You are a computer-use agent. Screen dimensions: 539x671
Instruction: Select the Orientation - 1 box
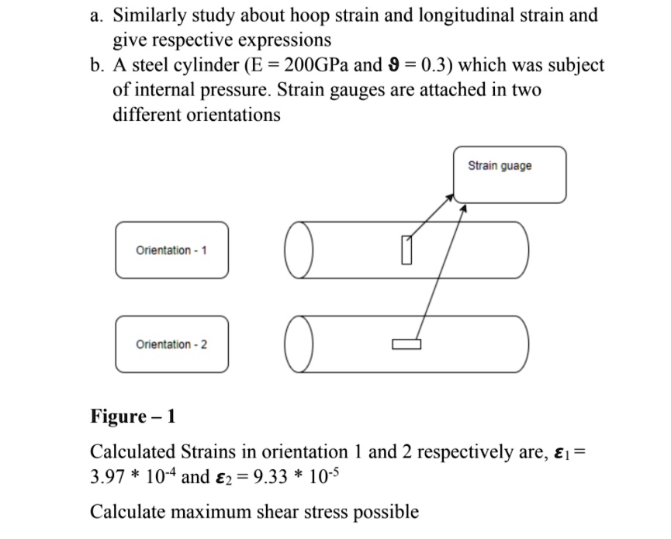[x=171, y=250]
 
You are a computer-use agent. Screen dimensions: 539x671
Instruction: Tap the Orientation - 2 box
[x=171, y=344]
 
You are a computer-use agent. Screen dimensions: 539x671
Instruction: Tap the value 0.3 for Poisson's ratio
[x=430, y=65]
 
